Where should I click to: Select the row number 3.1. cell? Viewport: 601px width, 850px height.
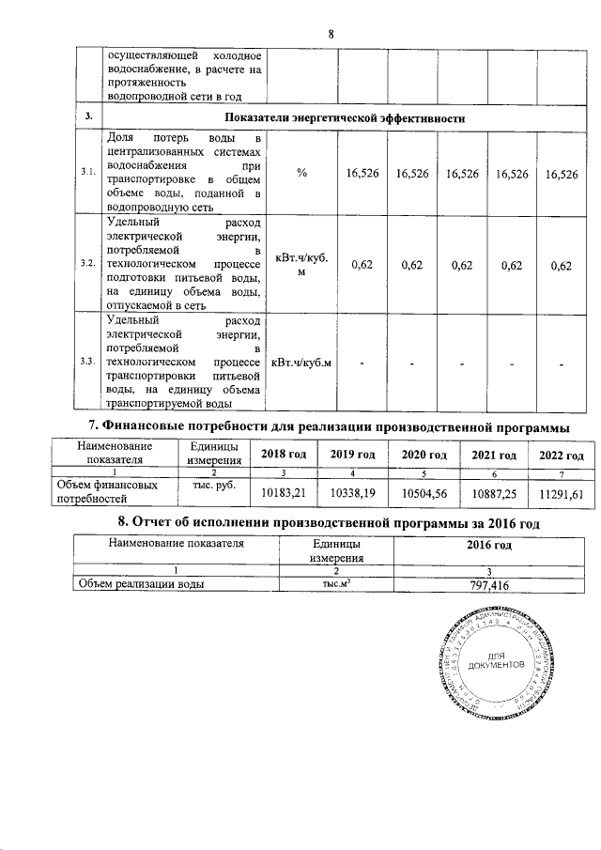tap(88, 174)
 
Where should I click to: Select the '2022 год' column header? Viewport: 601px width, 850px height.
tap(561, 455)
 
